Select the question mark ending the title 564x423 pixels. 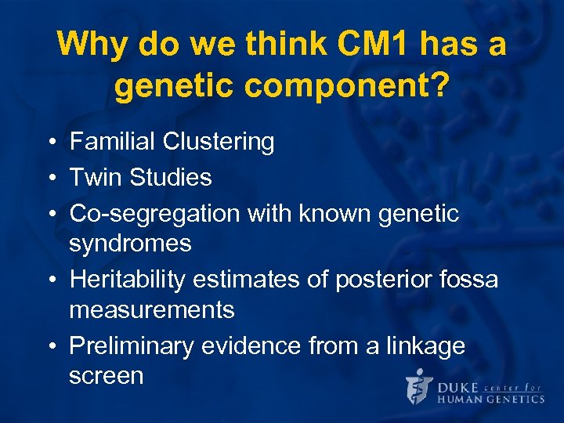click(441, 87)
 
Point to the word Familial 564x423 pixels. click(113, 142)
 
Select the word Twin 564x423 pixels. click(94, 177)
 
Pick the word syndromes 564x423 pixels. click(130, 244)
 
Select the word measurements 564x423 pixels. click(151, 310)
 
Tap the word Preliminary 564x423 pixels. click(132, 345)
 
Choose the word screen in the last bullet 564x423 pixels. click(107, 376)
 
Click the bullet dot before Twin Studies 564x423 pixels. click(49, 178)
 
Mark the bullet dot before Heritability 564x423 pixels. click(49, 280)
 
